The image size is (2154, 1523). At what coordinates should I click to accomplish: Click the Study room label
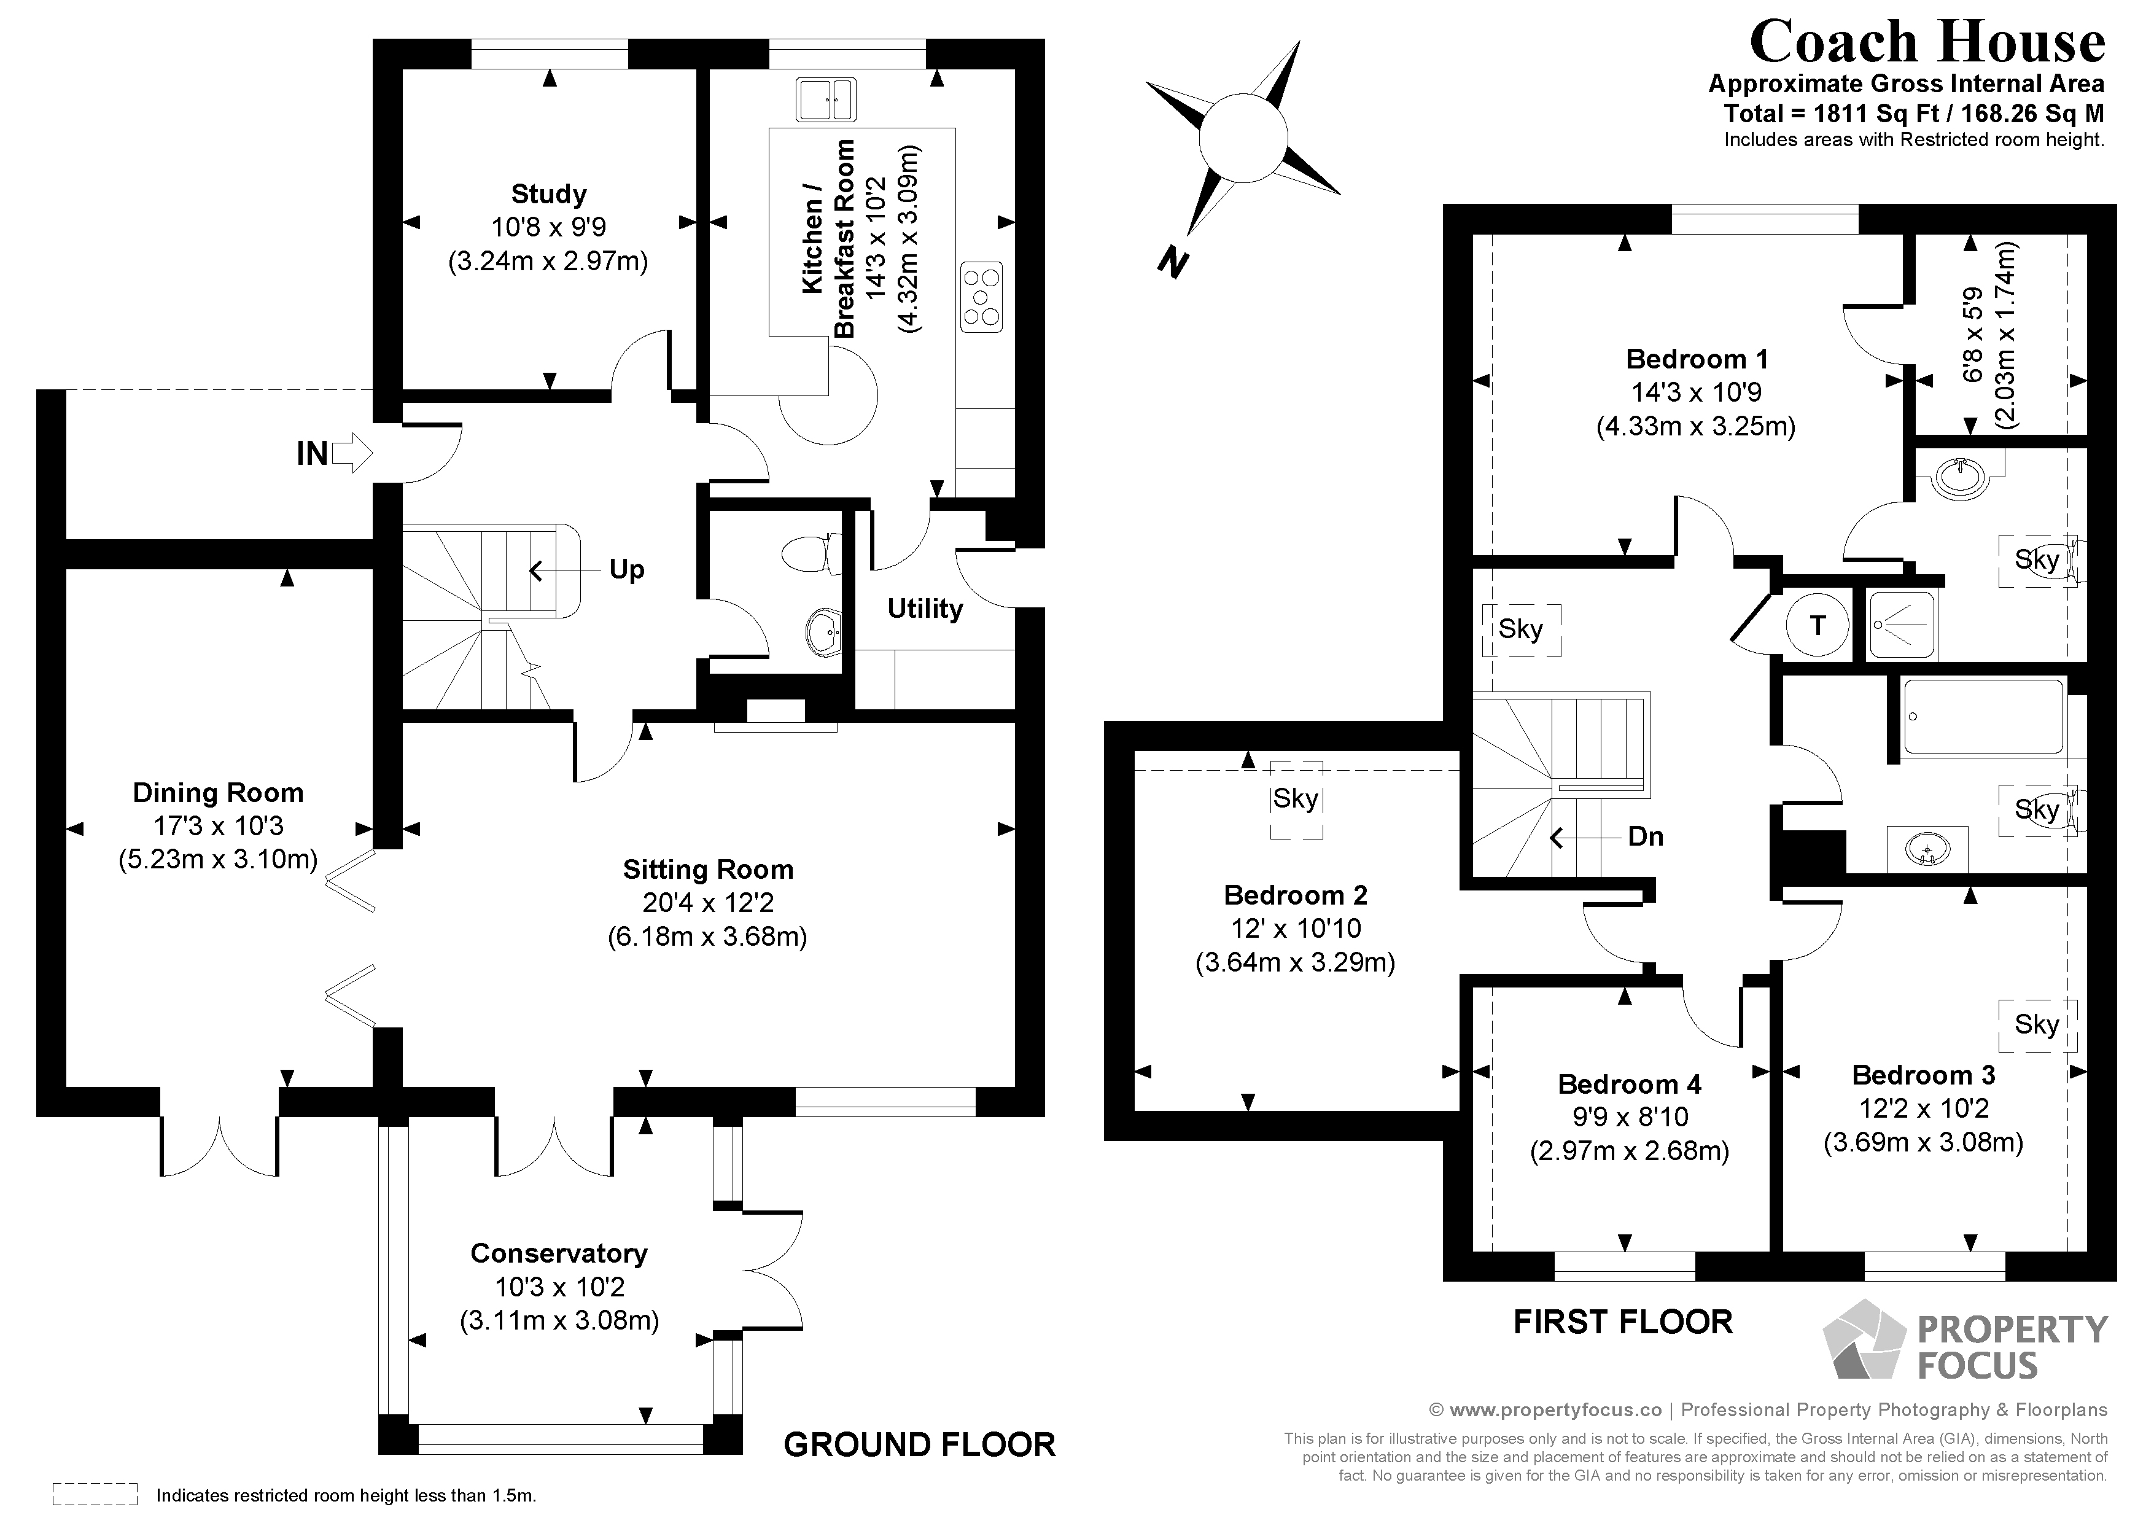click(x=549, y=194)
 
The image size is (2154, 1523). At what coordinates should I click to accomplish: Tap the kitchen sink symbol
click(x=826, y=99)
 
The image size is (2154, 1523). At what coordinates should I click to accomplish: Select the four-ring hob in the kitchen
click(x=981, y=295)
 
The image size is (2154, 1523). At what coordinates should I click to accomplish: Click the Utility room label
click(x=925, y=609)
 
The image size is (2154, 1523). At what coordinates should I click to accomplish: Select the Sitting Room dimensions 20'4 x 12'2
click(x=707, y=903)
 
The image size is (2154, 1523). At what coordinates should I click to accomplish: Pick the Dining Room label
click(x=217, y=793)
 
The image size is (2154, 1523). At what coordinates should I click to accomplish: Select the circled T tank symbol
click(x=1817, y=625)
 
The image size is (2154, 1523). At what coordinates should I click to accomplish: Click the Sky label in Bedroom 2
click(x=1296, y=798)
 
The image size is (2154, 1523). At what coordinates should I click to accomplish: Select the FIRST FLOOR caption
click(x=1622, y=1322)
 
